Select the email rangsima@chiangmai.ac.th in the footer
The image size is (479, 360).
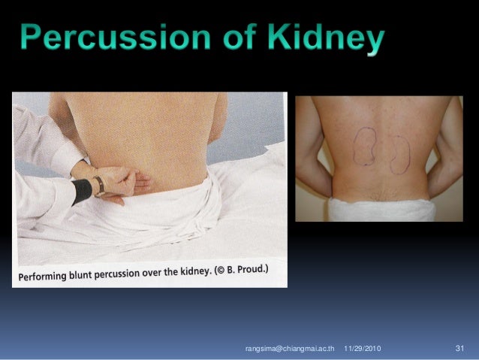(289, 349)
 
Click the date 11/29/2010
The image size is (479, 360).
(362, 349)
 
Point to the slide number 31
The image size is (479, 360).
(460, 349)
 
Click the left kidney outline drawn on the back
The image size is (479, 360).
(365, 145)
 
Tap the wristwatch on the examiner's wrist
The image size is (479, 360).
(98, 185)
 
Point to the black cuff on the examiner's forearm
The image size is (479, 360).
(80, 191)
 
